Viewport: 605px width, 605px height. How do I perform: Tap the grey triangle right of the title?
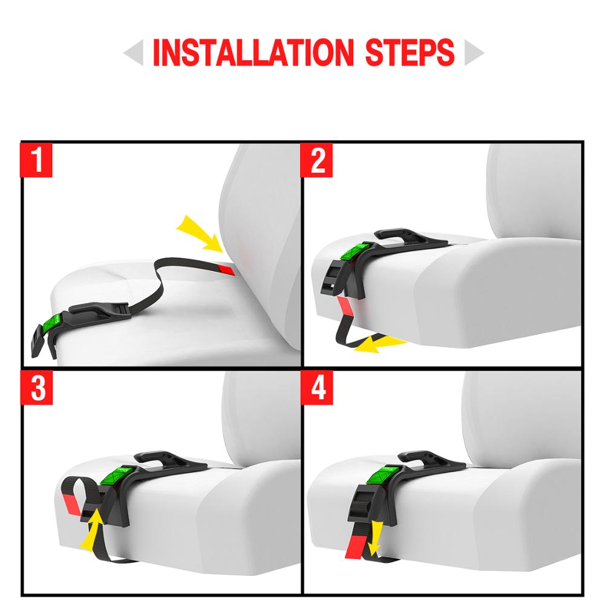[x=474, y=54]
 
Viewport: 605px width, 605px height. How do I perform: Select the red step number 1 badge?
[x=38, y=160]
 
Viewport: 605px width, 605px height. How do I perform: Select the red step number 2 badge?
[x=318, y=160]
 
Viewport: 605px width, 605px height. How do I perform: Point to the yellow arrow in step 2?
[x=378, y=344]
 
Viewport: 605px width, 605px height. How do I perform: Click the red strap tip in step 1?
[x=226, y=269]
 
